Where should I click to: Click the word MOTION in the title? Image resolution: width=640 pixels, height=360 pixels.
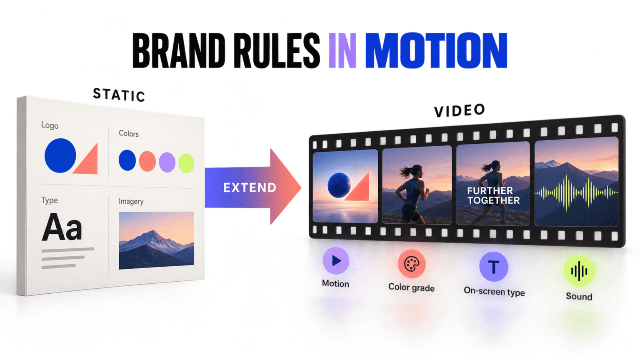(436, 50)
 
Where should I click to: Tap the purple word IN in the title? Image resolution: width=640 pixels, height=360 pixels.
(342, 50)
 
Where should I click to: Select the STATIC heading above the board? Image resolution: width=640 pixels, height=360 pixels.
(119, 95)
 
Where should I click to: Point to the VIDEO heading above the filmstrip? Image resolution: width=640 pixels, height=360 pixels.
(460, 110)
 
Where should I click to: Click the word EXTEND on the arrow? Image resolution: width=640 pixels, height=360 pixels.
(250, 188)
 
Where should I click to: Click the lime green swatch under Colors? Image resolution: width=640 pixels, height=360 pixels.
(186, 163)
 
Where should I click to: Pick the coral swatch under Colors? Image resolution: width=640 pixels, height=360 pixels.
(147, 161)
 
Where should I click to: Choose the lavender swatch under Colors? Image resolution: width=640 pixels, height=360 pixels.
(167, 162)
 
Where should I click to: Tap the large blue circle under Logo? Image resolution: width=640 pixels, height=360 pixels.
(60, 155)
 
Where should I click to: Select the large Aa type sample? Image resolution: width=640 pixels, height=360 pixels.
(62, 227)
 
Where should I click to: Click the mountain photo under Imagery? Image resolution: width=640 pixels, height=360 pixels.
(156, 240)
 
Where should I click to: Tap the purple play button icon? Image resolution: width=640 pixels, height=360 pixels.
(336, 260)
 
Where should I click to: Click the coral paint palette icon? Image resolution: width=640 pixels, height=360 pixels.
(412, 264)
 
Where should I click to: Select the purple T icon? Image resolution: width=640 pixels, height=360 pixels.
(494, 267)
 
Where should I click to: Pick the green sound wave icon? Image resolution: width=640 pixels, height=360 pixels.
(579, 271)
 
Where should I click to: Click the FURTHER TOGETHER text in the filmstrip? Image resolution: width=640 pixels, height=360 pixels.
(493, 195)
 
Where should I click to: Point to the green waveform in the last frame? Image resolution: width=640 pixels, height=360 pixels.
(577, 193)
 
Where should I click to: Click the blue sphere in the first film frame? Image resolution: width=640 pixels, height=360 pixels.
(339, 185)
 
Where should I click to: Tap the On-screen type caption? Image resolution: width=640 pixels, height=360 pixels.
(494, 291)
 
